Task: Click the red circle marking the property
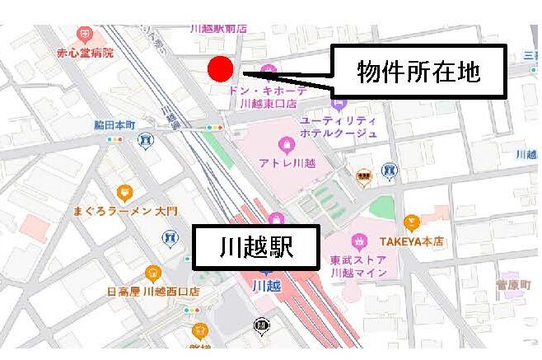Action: click(x=221, y=69)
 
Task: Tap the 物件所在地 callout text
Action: click(x=418, y=73)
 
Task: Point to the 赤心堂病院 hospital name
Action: click(x=85, y=53)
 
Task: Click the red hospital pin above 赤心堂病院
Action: click(x=85, y=35)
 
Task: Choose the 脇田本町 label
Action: click(x=114, y=125)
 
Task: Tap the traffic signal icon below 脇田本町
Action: click(x=114, y=139)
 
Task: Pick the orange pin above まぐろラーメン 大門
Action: click(x=124, y=193)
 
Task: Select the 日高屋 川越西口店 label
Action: click(x=153, y=291)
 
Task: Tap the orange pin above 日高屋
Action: click(x=152, y=273)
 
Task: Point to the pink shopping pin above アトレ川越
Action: click(x=286, y=145)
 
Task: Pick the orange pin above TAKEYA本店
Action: click(x=411, y=222)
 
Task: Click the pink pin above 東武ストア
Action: click(x=358, y=241)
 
